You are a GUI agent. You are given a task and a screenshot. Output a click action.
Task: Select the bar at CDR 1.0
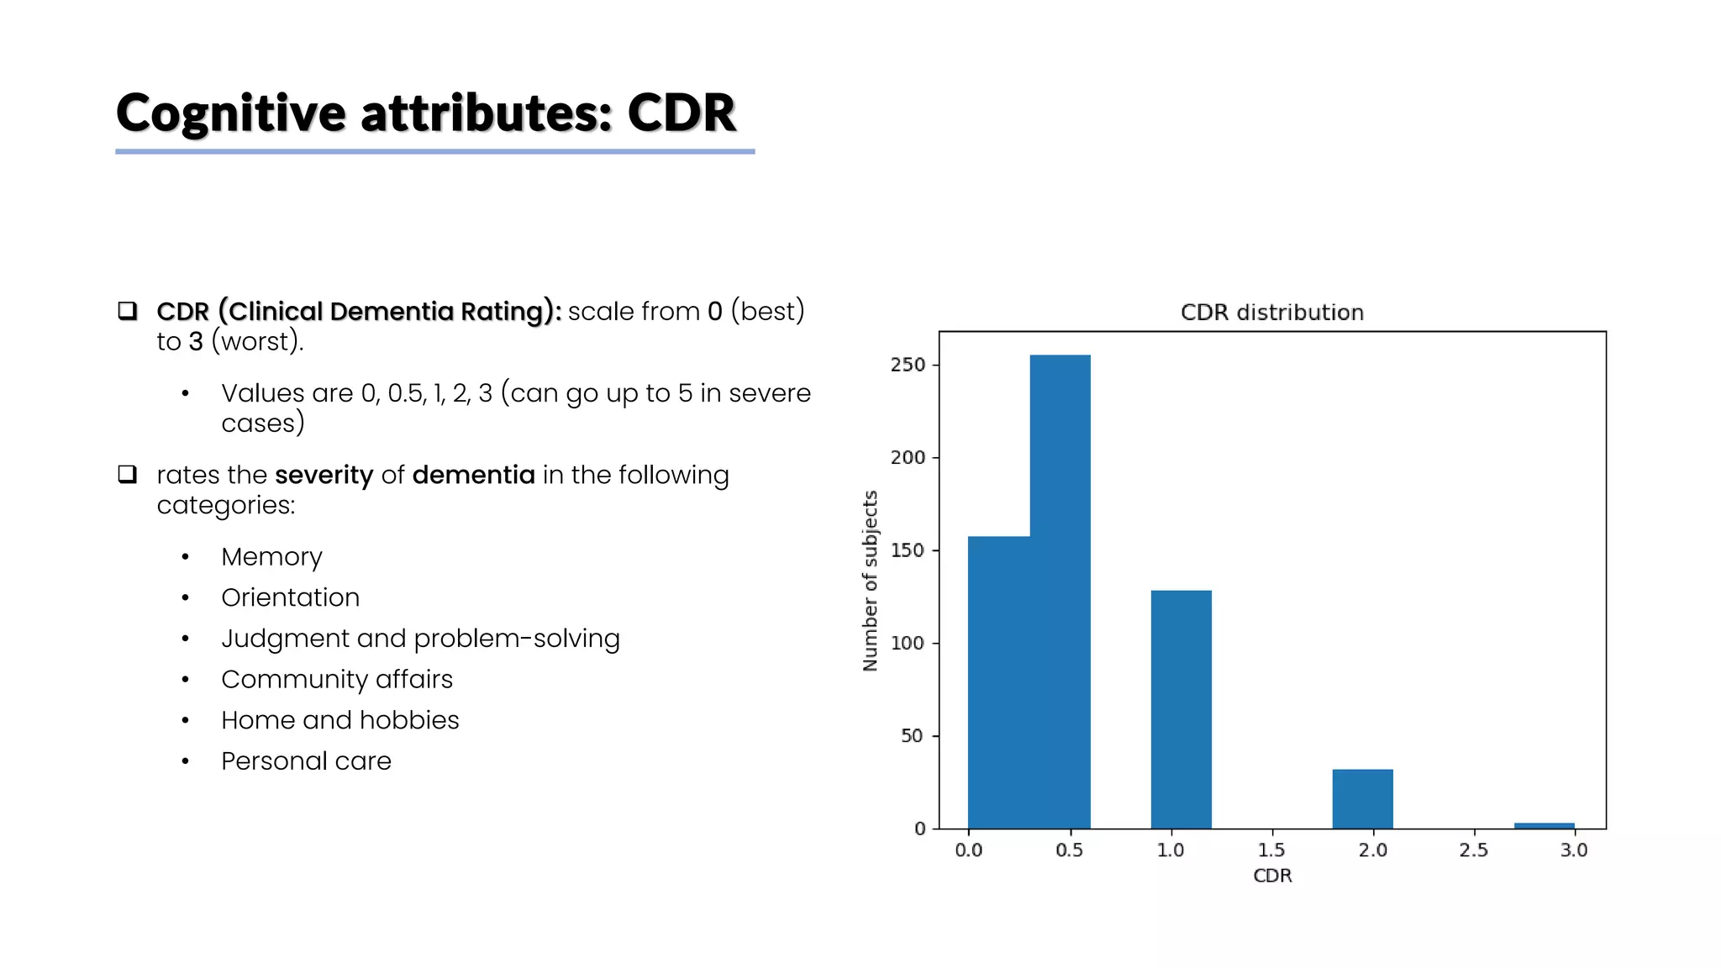pyautogui.click(x=1181, y=710)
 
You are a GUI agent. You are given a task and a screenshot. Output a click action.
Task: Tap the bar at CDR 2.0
pyautogui.click(x=1362, y=798)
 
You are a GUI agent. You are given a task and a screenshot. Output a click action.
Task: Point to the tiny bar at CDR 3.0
pyautogui.click(x=1544, y=826)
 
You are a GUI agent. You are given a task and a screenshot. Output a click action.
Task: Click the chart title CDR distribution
pyautogui.click(x=1271, y=313)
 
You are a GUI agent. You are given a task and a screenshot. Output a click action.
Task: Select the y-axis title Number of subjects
pyautogui.click(x=871, y=581)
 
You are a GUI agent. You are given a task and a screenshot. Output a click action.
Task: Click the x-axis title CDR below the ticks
pyautogui.click(x=1271, y=876)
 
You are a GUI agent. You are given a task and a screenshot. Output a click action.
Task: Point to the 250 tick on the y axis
pyautogui.click(x=908, y=365)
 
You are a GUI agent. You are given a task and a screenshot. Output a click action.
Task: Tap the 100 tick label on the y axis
pyautogui.click(x=908, y=643)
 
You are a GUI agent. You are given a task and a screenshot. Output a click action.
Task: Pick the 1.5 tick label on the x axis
pyautogui.click(x=1271, y=850)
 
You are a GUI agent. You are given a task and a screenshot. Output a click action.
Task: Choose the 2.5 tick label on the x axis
pyautogui.click(x=1473, y=850)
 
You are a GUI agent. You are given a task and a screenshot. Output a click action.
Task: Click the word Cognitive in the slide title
pyautogui.click(x=231, y=113)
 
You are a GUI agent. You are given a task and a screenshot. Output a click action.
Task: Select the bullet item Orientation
pyautogui.click(x=290, y=597)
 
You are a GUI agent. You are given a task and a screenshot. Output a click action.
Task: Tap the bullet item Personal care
pyautogui.click(x=306, y=761)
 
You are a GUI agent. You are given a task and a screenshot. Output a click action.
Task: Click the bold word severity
pyautogui.click(x=324, y=475)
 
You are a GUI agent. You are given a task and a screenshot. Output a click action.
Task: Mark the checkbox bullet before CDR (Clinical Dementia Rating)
pyautogui.click(x=127, y=311)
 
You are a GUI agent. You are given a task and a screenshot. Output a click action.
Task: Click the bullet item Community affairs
pyautogui.click(x=336, y=679)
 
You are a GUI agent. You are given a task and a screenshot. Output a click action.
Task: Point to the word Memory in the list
pyautogui.click(x=271, y=557)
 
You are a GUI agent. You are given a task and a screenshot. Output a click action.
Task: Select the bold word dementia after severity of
pyautogui.click(x=473, y=475)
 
